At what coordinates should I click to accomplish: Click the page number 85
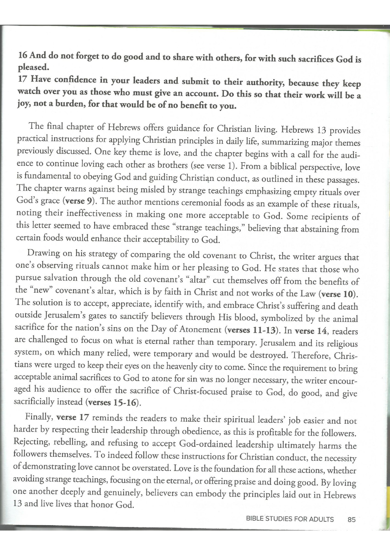[351, 519]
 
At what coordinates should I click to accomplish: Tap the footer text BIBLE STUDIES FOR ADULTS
[289, 519]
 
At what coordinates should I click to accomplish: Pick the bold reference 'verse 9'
[79, 201]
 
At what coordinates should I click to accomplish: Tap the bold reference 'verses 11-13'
[252, 330]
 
